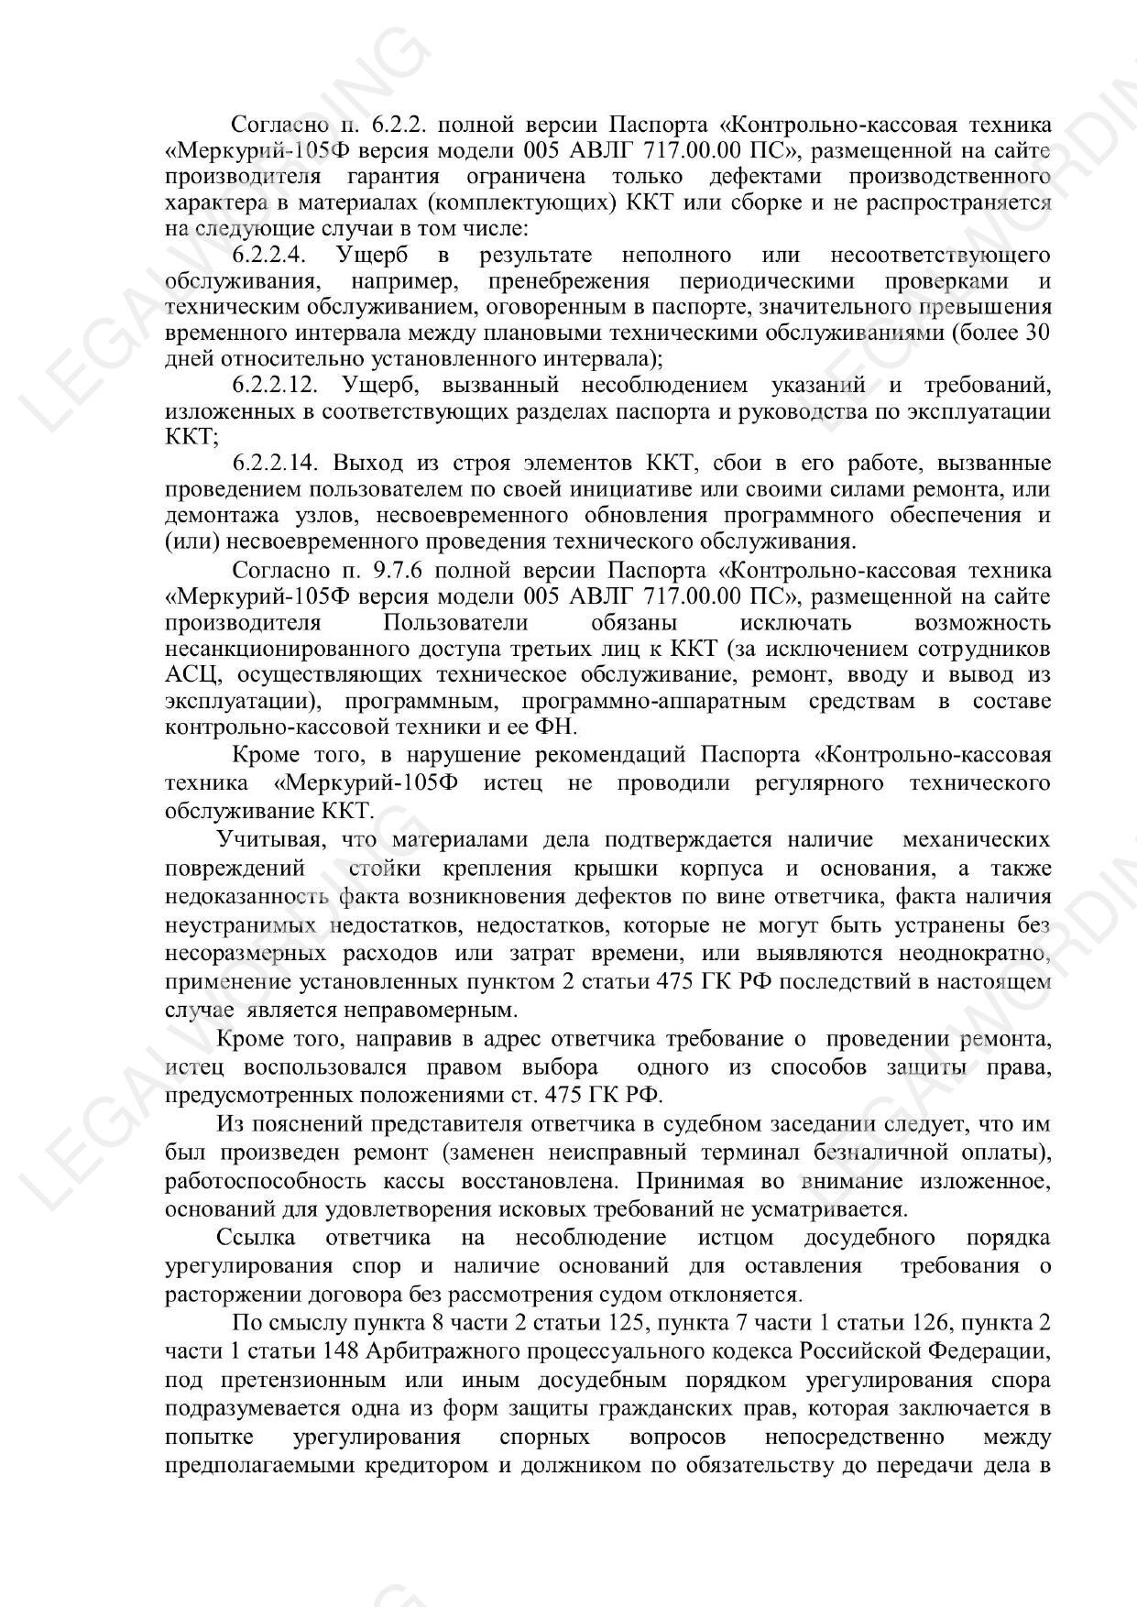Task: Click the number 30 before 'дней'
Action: coord(1036,333)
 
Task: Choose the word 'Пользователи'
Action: coord(455,623)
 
